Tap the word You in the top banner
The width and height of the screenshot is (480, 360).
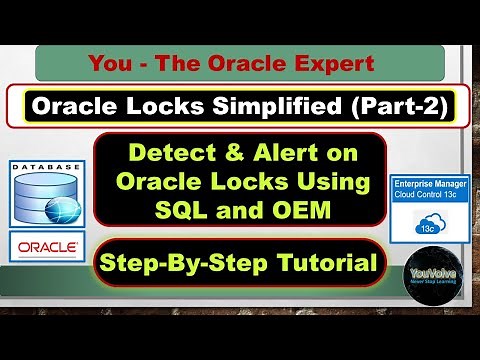coord(110,64)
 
